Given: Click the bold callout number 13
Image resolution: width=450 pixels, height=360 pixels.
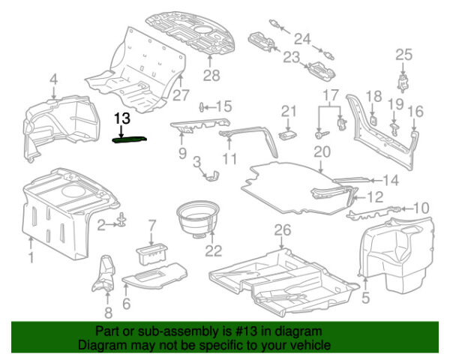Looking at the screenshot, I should [122, 118].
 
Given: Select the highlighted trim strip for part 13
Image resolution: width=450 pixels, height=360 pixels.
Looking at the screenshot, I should [129, 137].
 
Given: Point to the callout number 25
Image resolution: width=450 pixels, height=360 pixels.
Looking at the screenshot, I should [404, 54].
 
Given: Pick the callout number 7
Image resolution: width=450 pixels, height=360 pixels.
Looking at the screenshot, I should [151, 224].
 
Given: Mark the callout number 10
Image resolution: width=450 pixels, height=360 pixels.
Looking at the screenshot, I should [421, 208].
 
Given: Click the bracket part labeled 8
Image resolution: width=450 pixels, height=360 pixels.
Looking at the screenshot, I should [104, 276].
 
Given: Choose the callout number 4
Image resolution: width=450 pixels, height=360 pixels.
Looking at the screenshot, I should [53, 79].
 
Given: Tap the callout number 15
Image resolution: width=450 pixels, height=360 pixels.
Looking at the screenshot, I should [224, 106].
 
